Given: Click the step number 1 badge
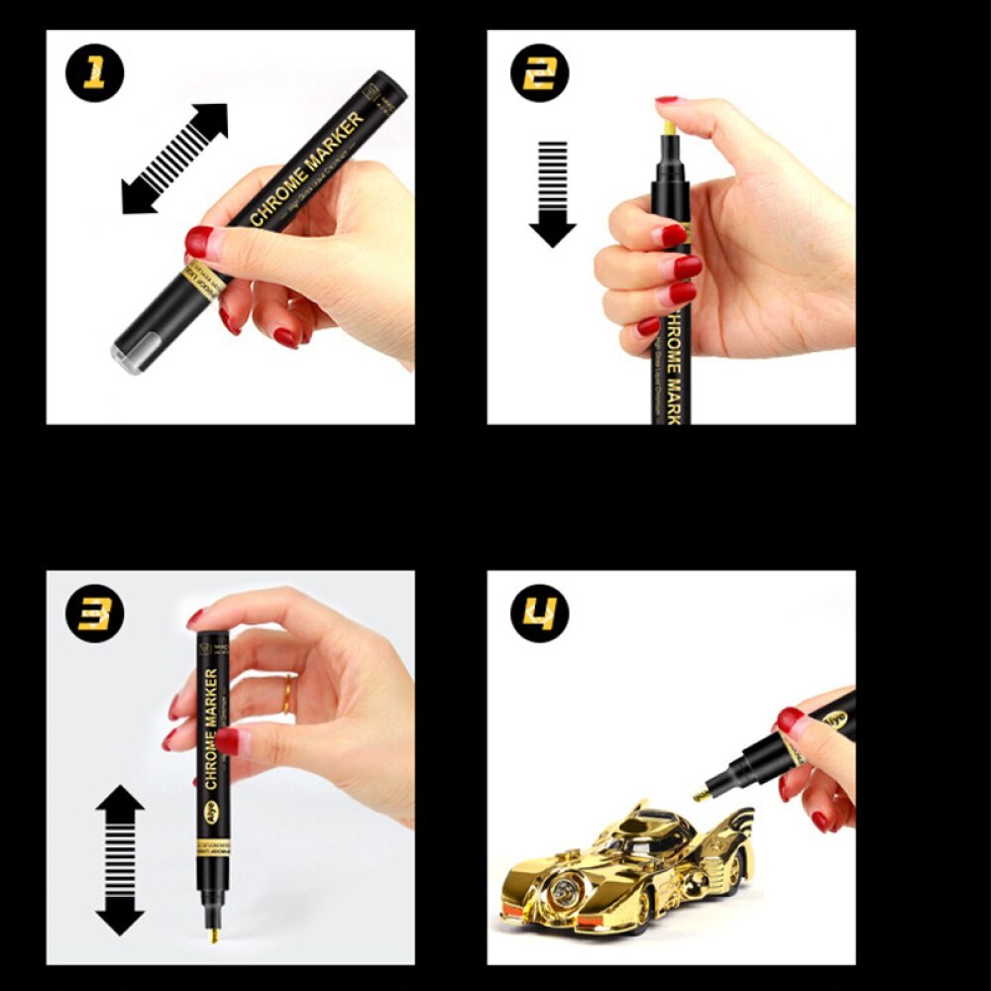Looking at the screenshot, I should pyautogui.click(x=95, y=73).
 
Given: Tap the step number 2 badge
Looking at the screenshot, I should pyautogui.click(x=538, y=73).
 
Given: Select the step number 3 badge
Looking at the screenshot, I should pyautogui.click(x=95, y=613).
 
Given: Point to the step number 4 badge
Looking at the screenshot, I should pyautogui.click(x=539, y=613).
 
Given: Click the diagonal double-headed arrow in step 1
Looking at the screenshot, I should pyautogui.click(x=174, y=159).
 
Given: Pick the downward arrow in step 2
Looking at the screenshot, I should pyautogui.click(x=552, y=193).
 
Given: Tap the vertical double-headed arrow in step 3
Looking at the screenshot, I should pyautogui.click(x=120, y=860).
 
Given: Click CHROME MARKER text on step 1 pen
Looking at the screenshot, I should pyautogui.click(x=307, y=167).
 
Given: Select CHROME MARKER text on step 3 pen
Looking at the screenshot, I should pyautogui.click(x=211, y=728).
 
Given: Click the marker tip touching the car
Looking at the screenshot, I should pyautogui.click(x=701, y=794).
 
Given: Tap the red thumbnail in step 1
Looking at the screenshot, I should pyautogui.click(x=199, y=241).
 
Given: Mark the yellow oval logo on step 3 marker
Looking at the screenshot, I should pyautogui.click(x=212, y=810).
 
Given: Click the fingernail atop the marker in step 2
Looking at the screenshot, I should pyautogui.click(x=666, y=100).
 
